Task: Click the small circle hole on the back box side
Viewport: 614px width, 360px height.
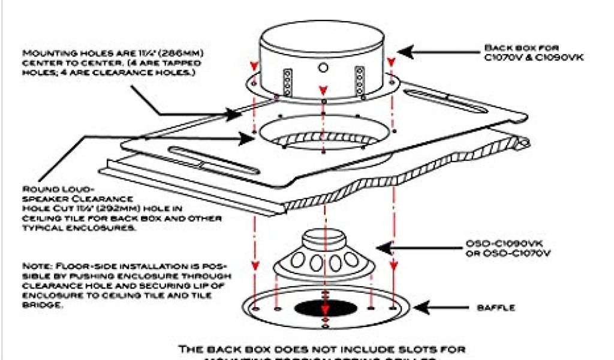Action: (x=324, y=67)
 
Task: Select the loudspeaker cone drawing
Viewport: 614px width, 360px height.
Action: (x=324, y=258)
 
